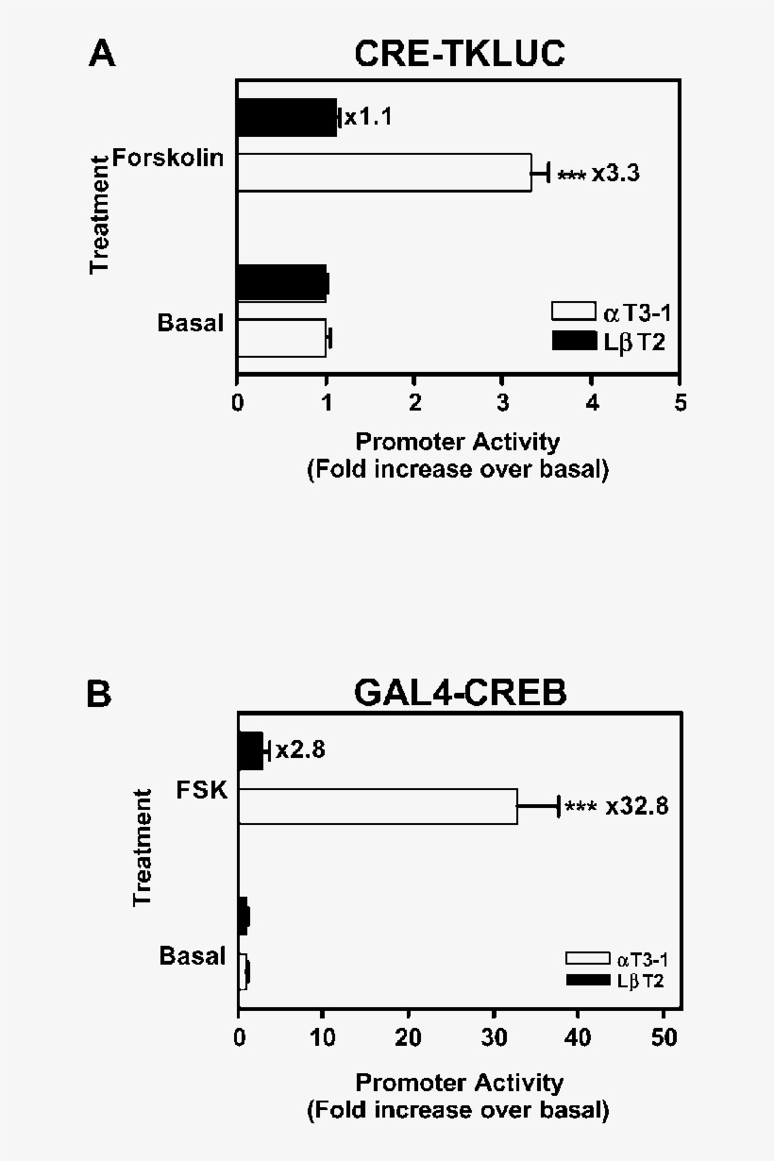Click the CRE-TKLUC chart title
point(460,54)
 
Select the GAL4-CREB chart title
point(461,693)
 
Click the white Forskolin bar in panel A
point(384,173)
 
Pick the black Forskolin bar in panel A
point(287,118)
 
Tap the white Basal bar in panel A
point(281,338)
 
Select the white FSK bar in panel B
point(378,806)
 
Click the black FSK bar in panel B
point(251,751)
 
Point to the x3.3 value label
point(615,174)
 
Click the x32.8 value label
point(637,806)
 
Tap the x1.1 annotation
point(369,118)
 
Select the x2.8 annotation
point(300,750)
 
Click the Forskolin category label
point(168,158)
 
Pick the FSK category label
point(202,790)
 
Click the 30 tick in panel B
point(493,1037)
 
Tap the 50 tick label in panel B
point(664,1037)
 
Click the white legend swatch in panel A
point(573,311)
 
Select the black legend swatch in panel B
point(588,980)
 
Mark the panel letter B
point(99,694)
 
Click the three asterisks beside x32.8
point(580,807)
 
